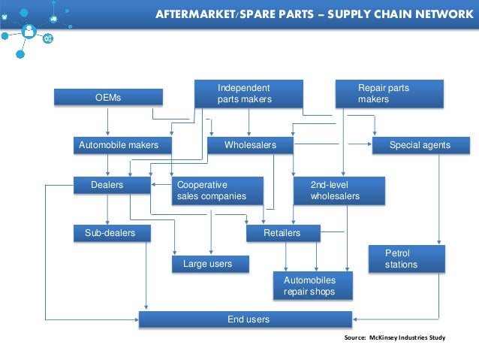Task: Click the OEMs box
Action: click(x=108, y=98)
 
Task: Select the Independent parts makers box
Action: click(x=249, y=94)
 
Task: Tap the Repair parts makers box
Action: click(x=389, y=94)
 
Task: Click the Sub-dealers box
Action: click(x=111, y=233)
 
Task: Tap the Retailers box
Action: click(x=282, y=233)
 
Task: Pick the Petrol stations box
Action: click(x=406, y=259)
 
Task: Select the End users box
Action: click(x=246, y=319)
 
